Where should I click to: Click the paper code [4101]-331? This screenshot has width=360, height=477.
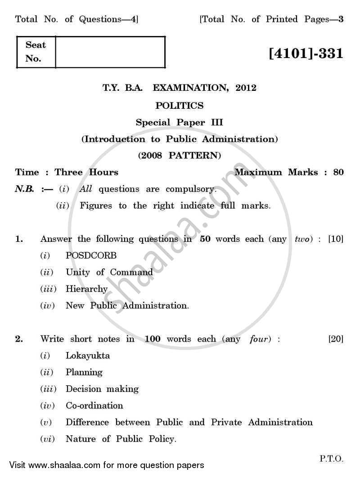pos(306,54)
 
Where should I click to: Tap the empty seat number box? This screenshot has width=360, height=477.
pos(110,52)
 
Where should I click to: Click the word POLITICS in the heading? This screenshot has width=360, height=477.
pos(180,106)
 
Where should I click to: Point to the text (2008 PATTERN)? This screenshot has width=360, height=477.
pos(180,156)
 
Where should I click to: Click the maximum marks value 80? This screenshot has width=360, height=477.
pos(339,172)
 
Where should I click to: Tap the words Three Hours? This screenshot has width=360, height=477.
pos(86,172)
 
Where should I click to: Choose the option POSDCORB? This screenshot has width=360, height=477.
pos(91,255)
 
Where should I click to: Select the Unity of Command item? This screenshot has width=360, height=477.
pos(109,272)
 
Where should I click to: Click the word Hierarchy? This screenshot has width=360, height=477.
pos(86,289)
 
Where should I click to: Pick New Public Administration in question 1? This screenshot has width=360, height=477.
pos(127,306)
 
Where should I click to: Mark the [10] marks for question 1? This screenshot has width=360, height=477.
pos(336,239)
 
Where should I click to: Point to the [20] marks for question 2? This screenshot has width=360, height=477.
pos(336,339)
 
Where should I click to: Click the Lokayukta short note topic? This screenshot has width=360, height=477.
pos(88,356)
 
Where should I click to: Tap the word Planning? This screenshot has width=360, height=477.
pos(84,372)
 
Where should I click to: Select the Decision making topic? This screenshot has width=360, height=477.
pos(102,389)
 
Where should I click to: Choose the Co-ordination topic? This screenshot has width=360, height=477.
pos(94,406)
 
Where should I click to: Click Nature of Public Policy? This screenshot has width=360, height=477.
pos(121,439)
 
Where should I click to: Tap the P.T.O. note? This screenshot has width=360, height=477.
pos(332,459)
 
